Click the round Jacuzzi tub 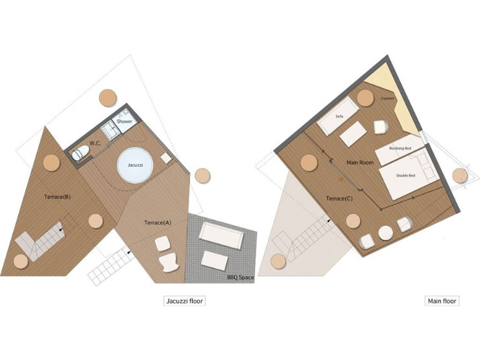135,165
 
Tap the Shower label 125,121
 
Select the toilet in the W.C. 80,152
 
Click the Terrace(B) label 58,197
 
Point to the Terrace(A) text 158,222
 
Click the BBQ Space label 240,278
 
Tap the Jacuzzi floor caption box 185,301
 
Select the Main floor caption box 442,301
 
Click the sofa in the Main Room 338,117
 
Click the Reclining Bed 400,150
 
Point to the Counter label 387,99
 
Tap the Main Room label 360,163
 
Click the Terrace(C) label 339,198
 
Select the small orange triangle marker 341,179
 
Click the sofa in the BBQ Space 221,235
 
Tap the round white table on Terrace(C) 386,233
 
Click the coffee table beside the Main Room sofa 353,134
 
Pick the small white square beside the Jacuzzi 165,158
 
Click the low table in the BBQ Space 215,261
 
